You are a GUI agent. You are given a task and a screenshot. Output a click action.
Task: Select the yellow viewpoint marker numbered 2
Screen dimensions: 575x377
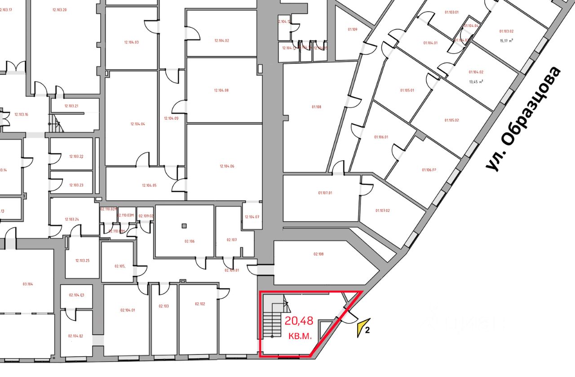tap(363, 328)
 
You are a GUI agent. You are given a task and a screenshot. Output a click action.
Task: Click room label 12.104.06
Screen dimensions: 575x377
tap(227, 166)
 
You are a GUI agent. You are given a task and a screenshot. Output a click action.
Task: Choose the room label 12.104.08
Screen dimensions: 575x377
tap(221, 90)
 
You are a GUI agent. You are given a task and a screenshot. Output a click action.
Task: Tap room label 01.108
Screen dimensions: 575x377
tap(316, 107)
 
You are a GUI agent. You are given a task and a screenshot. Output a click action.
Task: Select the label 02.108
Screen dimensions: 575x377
tap(318, 254)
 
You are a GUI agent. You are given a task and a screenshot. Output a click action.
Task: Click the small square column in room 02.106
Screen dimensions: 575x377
tap(184, 226)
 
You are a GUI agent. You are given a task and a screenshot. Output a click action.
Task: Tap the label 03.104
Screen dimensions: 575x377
tap(28, 284)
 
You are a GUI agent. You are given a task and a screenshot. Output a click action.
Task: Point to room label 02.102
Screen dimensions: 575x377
tap(200, 304)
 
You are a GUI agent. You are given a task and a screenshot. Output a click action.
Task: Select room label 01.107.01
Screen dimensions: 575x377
tap(325, 193)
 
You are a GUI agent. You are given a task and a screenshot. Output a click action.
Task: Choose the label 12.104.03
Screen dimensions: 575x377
tap(131, 42)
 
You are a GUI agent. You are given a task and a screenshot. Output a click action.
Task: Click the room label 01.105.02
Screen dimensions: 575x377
tap(451, 120)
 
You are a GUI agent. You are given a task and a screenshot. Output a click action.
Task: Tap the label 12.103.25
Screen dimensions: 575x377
tap(82, 260)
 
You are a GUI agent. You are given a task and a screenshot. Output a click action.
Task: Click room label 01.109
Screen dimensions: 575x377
tap(352, 30)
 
